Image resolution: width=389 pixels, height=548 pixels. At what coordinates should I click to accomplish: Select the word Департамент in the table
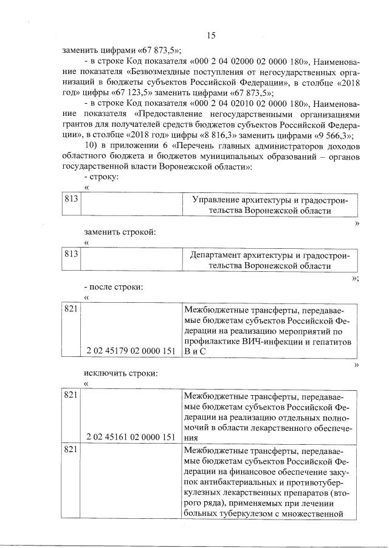[x=219, y=255]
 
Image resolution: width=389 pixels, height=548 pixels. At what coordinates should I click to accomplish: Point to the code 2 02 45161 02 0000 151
[x=131, y=436]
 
